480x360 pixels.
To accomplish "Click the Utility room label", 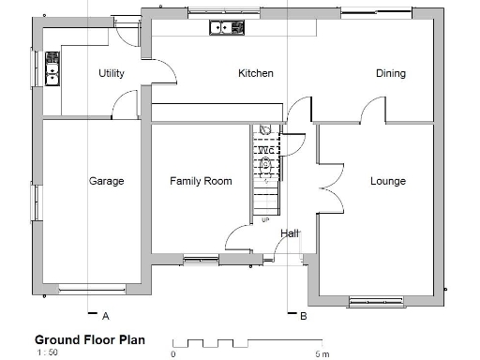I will coord(112,73).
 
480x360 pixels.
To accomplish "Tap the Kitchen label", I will coord(255,73).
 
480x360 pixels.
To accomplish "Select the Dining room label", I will coord(391,73).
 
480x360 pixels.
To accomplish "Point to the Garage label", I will coord(106,181).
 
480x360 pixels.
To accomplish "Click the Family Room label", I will coord(201,181).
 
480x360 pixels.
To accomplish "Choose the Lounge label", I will coord(387,181).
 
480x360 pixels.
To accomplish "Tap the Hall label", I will coord(290,232).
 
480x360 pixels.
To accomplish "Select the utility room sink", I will coord(52,68).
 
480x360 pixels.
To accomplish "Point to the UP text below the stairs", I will coord(265,220).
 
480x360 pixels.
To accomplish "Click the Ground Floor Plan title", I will coord(89,340).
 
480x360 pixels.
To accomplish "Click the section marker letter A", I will coord(107,317).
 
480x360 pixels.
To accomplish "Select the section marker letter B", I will coord(303,317).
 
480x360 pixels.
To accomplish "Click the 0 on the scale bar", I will coord(172,354).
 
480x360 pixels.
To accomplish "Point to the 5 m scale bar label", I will coord(322,354).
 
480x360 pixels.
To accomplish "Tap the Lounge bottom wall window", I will coord(378,301).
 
